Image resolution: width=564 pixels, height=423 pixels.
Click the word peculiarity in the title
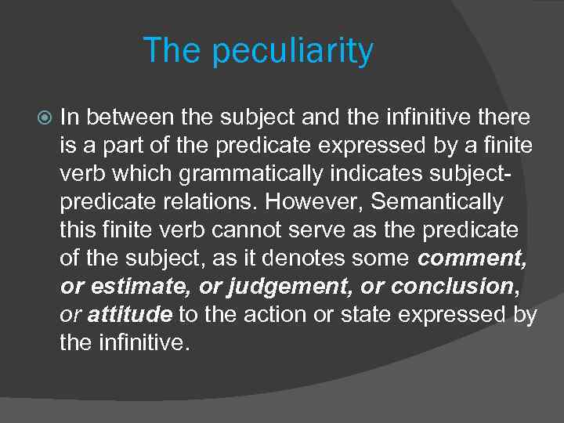(292, 52)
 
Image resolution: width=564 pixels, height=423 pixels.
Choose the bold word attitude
(130, 315)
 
